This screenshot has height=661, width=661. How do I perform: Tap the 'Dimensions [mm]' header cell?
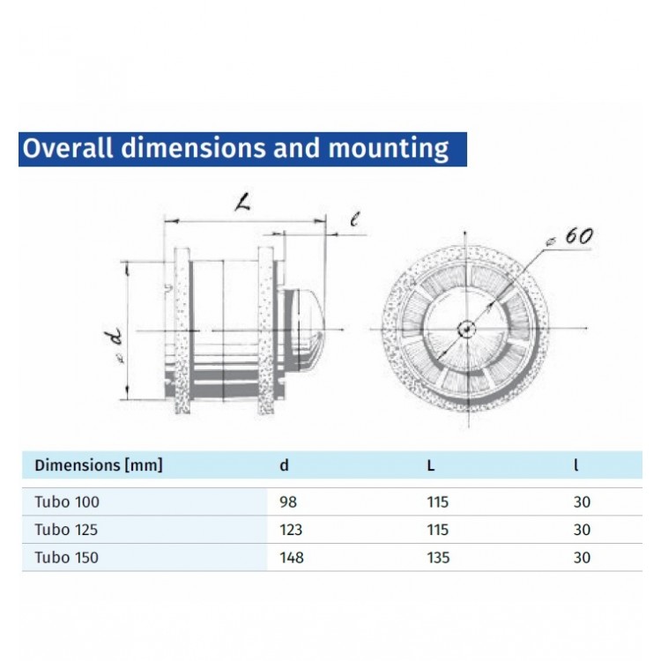[99, 465]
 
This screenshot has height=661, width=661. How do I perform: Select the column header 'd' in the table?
[284, 465]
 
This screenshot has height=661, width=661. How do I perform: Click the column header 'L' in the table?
[430, 465]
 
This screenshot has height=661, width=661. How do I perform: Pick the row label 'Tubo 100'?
[67, 502]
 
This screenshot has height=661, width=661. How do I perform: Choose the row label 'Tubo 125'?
[67, 530]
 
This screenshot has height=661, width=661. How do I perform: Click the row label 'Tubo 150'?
[67, 557]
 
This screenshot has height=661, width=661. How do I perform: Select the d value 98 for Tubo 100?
[286, 502]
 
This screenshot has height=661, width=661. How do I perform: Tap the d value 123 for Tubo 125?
[290, 530]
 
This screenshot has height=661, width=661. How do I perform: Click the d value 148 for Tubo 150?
[290, 557]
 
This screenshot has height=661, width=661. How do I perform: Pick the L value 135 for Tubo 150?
[437, 557]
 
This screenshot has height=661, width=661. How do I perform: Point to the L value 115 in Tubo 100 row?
[437, 502]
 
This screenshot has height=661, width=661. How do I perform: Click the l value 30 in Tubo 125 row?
[581, 530]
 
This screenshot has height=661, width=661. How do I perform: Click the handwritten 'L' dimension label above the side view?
[242, 204]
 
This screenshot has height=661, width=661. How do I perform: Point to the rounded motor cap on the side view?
[304, 329]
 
